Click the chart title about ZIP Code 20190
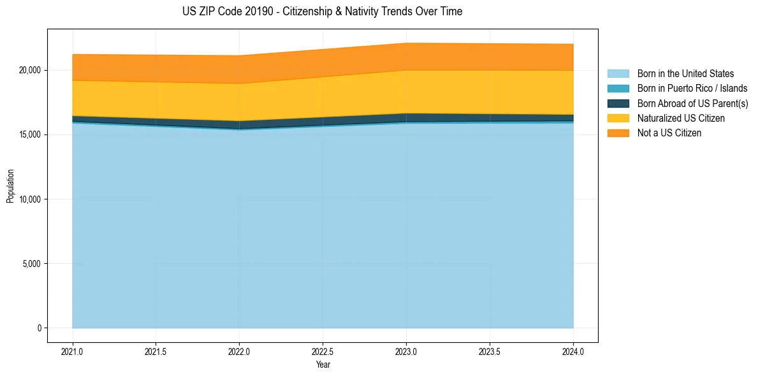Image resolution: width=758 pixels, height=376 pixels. coord(322,11)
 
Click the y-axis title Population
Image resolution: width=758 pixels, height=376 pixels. coord(10,186)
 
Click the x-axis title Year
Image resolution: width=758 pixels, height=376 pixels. coord(323,365)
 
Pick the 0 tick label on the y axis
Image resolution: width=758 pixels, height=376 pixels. coord(39,328)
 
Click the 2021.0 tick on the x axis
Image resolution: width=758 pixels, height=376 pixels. coord(72,351)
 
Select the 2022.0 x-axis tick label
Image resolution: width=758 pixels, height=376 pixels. coord(239,351)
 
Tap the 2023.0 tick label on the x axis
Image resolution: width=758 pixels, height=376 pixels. coord(406,351)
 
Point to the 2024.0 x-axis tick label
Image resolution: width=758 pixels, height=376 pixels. coord(573,351)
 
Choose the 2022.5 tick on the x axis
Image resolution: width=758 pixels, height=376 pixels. coord(323,351)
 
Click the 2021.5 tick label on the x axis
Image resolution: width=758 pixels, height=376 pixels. coord(156,351)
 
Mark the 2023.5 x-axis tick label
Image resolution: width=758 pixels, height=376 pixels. coord(490,351)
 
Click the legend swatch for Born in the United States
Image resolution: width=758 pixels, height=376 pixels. coord(618,74)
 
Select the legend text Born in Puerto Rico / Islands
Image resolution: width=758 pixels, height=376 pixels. coord(692,89)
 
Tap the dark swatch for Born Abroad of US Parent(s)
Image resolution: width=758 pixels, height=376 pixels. coord(618,103)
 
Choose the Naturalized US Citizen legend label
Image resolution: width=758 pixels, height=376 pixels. coord(681,119)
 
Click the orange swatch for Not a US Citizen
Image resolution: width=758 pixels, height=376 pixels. coord(618,133)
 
